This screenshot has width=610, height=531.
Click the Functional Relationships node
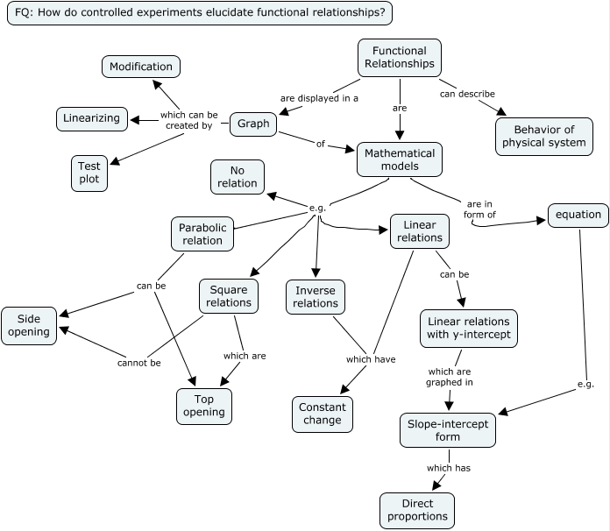(400, 58)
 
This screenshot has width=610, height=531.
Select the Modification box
(141, 67)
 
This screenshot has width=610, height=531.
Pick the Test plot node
(89, 173)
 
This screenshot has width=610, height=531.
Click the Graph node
(253, 124)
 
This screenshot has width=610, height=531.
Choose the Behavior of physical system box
(543, 136)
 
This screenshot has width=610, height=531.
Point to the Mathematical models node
(400, 159)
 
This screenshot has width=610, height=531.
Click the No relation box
(238, 177)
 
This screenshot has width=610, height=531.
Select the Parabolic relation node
(202, 234)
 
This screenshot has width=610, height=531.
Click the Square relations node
(229, 296)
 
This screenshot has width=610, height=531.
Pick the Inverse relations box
(316, 297)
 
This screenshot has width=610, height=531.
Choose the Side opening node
(30, 326)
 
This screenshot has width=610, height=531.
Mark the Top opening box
(203, 406)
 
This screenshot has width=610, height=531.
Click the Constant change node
(322, 414)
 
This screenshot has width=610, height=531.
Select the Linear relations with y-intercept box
(468, 328)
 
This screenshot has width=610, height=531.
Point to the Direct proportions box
(417, 511)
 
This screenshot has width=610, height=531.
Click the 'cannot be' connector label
(139, 363)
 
